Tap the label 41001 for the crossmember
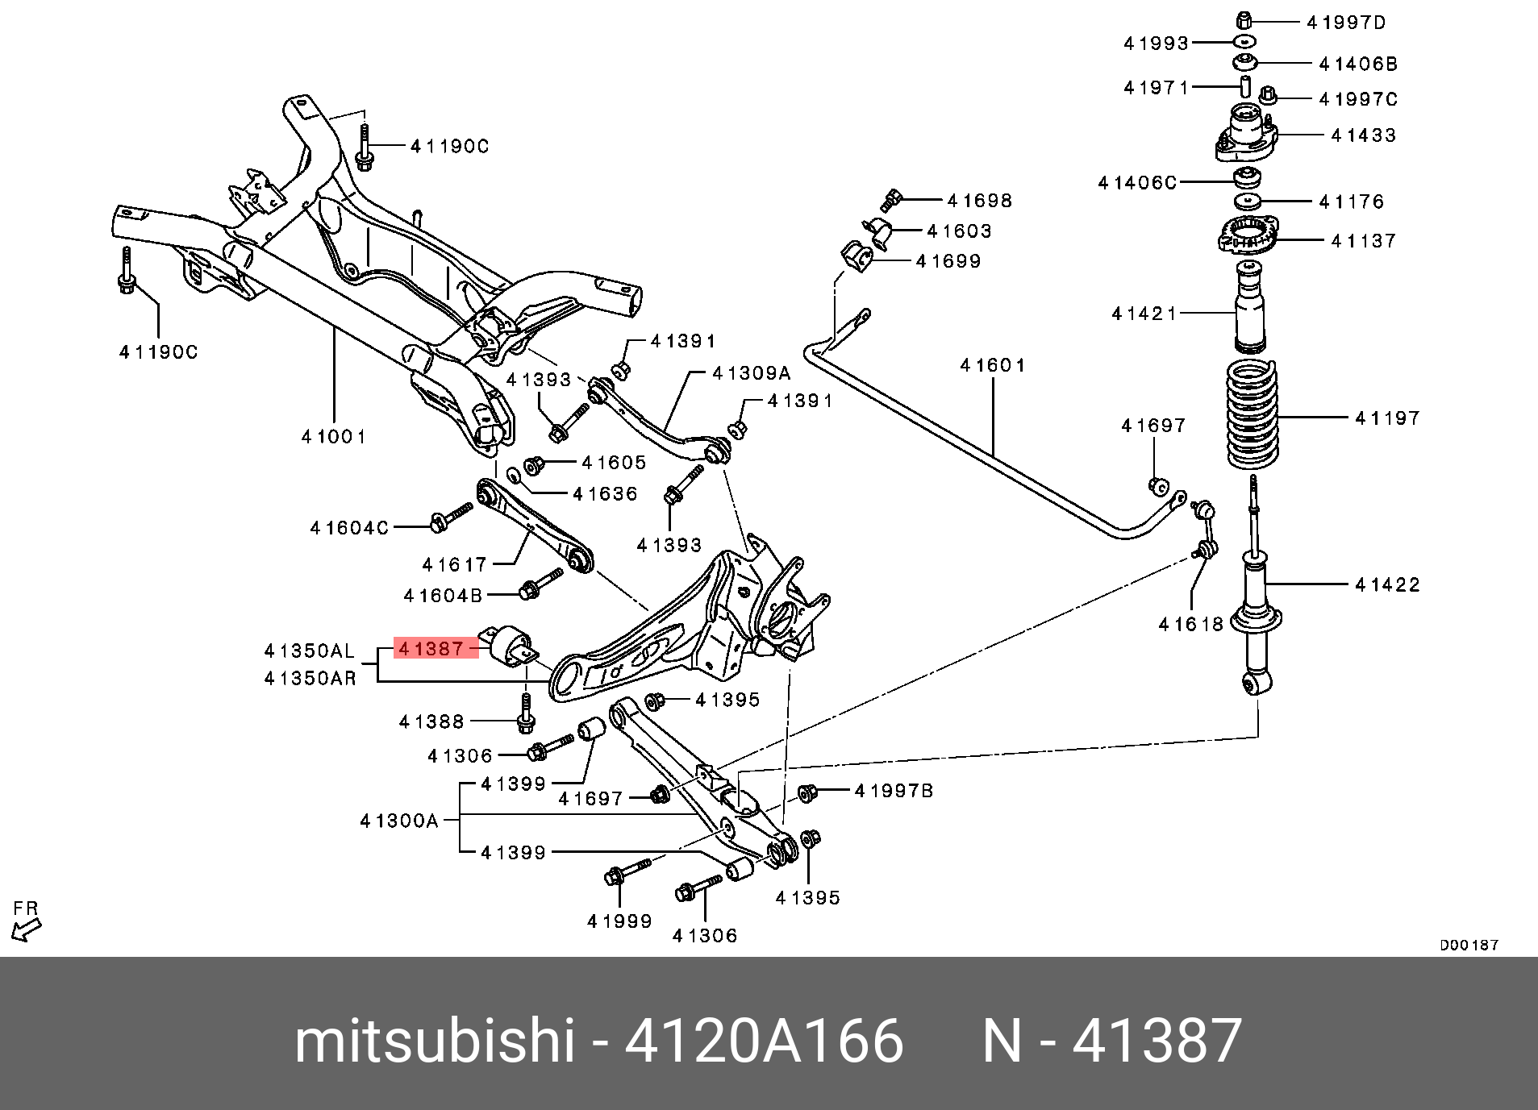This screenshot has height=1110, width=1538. coord(334,436)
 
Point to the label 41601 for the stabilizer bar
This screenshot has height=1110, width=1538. coord(993,365)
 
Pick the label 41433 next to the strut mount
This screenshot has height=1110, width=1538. coord(1364,135)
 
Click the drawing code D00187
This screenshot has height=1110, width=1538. coord(1469,945)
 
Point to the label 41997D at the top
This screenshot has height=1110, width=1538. coord(1346,23)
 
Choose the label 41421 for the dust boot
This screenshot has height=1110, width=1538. coord(1144,313)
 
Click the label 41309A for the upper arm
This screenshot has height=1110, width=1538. coord(752,373)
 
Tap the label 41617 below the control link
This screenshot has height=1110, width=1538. coord(455,564)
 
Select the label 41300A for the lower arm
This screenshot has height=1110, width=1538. coord(399,821)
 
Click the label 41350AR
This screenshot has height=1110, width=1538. coord(311,678)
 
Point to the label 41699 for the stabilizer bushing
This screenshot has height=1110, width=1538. coord(948,260)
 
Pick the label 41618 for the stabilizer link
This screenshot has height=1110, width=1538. coord(1191,623)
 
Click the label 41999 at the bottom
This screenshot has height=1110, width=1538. coord(619,921)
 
